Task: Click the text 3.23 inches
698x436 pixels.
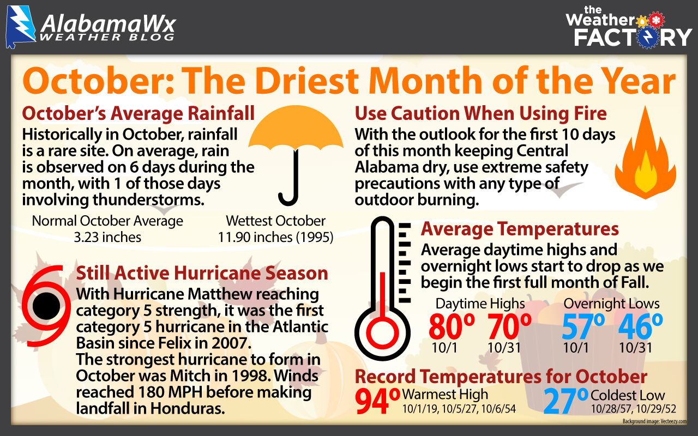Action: [x=107, y=238]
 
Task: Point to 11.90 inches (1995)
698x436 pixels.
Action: [x=276, y=238]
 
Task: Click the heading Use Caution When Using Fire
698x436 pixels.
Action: [x=480, y=114]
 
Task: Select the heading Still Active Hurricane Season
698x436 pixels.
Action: [x=202, y=273]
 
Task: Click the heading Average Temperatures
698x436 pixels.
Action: [x=520, y=229]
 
